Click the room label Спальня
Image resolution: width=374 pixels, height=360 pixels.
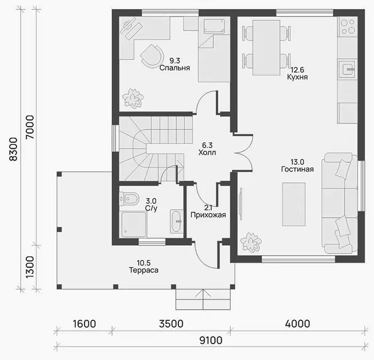175,68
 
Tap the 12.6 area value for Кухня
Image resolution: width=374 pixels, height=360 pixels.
297,70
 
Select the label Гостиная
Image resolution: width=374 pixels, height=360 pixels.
297,169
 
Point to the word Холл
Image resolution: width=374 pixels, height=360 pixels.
207,152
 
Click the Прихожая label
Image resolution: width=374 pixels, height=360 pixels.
208,215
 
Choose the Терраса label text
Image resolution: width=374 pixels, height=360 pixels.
144,270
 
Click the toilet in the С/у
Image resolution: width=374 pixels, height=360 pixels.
129,198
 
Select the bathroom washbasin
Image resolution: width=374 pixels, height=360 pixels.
176,221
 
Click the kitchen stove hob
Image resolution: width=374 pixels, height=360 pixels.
347,27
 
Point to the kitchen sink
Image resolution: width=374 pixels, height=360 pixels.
347,69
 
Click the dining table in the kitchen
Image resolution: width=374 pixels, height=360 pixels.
267,48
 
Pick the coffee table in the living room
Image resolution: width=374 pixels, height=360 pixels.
294,204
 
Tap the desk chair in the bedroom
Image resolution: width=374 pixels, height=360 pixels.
152,56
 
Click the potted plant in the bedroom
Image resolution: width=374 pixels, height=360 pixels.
133,98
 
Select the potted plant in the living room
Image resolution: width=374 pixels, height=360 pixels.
251,242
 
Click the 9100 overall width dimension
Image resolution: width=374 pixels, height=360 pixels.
211,340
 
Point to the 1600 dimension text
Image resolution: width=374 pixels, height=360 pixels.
84,324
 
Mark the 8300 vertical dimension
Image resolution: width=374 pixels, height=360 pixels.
13,149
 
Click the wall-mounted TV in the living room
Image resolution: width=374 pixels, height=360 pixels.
241,204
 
